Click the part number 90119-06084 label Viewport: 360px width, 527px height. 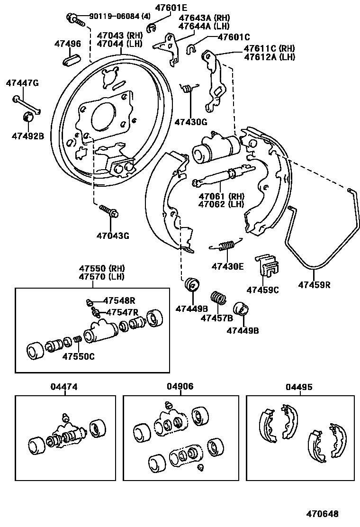114,17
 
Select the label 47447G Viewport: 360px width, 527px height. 22,83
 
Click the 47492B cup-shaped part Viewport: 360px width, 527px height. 28,117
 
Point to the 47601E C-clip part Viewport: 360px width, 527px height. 152,29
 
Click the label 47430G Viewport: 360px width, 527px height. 191,122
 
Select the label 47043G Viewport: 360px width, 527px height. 113,235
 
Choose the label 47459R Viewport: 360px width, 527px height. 314,285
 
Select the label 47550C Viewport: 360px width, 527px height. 78,356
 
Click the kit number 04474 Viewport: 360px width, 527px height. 64,387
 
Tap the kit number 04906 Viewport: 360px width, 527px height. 180,387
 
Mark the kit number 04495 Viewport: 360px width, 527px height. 299,387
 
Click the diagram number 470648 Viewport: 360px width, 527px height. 322,513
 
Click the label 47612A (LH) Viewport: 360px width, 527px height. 269,57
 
